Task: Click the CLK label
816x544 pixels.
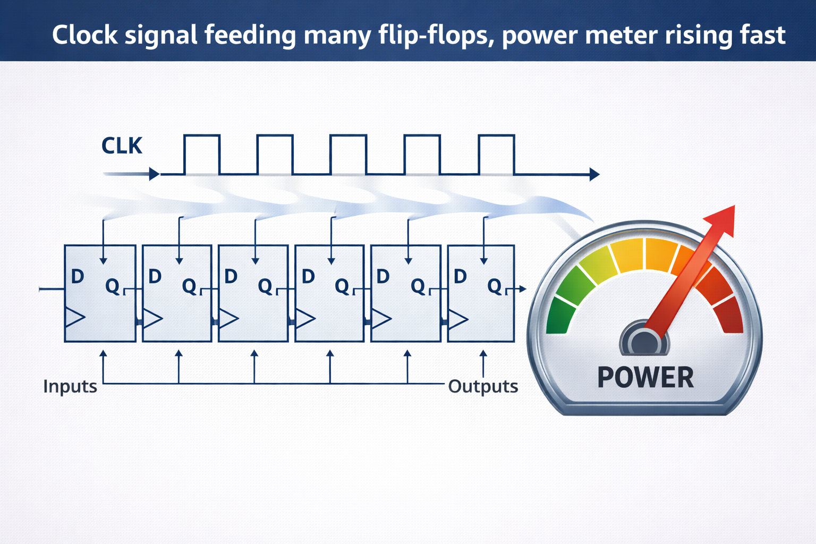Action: click(122, 146)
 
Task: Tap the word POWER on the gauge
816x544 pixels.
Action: click(645, 378)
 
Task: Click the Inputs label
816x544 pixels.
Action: click(70, 386)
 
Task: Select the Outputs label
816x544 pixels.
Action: click(483, 386)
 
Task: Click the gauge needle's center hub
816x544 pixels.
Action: click(644, 343)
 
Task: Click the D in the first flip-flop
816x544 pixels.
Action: click(78, 276)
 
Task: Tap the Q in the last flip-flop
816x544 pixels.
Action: click(495, 286)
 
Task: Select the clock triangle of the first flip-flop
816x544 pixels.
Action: click(75, 317)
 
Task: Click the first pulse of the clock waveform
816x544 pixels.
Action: click(202, 155)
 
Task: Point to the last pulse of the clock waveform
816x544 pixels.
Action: click(496, 155)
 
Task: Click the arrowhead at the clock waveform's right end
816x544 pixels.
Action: click(594, 175)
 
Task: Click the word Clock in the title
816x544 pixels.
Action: click(85, 35)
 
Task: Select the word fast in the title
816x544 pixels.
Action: click(763, 35)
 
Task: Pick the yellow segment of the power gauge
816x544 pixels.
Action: click(627, 256)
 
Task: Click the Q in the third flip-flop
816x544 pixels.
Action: click(265, 286)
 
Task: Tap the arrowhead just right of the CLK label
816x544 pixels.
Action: click(155, 174)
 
